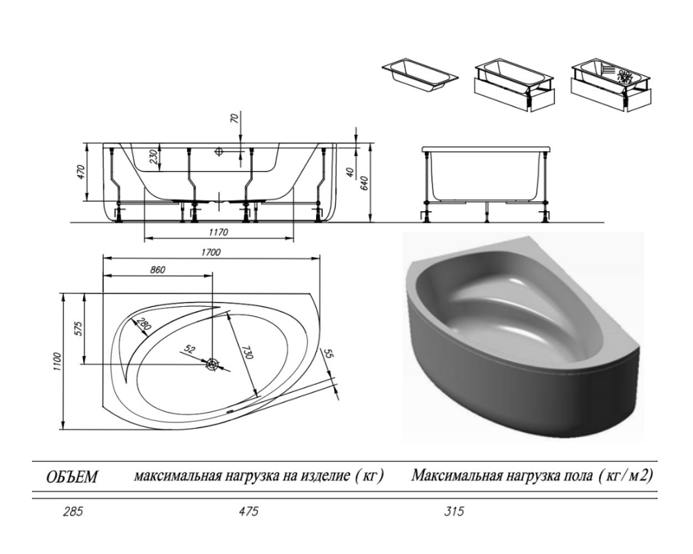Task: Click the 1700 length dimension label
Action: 211,252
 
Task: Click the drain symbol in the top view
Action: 213,364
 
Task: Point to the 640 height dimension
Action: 365,182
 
